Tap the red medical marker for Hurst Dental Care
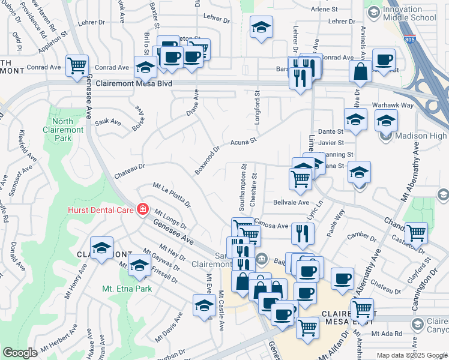click(x=143, y=209)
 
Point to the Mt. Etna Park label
click(x=127, y=289)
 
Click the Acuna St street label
click(x=244, y=142)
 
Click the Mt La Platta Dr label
click(x=171, y=195)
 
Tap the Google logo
click(x=20, y=353)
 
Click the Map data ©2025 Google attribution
click(x=411, y=355)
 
